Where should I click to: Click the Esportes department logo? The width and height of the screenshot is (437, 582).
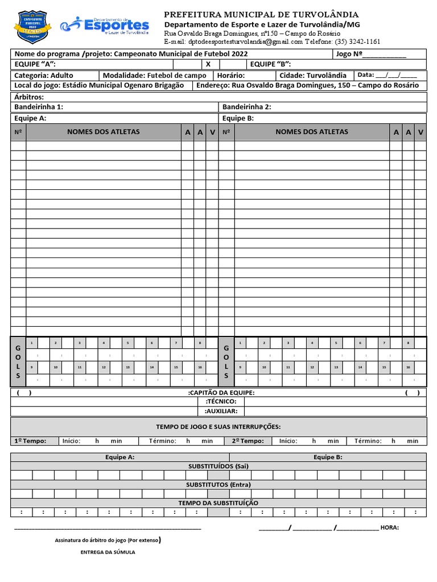[105, 25]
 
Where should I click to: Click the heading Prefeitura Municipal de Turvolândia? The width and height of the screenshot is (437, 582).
[261, 14]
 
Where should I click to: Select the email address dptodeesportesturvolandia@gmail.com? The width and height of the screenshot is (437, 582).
[233, 41]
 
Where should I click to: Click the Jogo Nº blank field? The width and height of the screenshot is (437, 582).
[385, 55]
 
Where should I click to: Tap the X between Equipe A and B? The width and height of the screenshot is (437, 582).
[208, 64]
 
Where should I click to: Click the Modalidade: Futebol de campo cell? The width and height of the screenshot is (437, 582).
[155, 75]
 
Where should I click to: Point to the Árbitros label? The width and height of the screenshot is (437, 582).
[28, 97]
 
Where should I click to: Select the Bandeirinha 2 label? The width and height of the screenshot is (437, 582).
[247, 107]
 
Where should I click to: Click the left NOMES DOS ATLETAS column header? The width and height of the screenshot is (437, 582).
[103, 132]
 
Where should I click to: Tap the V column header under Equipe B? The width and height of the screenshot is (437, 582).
[420, 132]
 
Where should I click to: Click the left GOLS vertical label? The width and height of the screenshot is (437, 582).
[18, 361]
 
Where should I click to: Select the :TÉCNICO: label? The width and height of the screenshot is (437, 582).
[221, 401]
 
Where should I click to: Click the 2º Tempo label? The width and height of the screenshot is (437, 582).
[248, 440]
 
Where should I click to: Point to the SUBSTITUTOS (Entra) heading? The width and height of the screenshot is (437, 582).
[218, 484]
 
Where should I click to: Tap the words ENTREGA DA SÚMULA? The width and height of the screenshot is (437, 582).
[108, 552]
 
